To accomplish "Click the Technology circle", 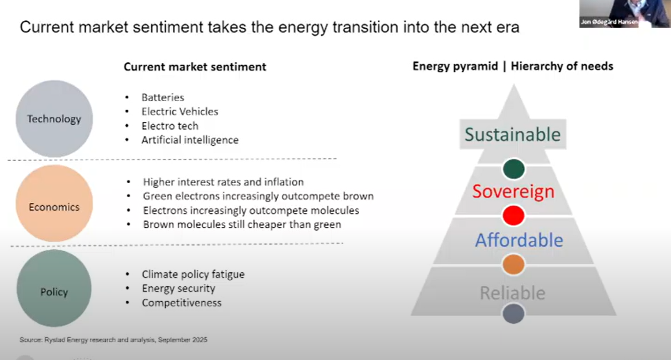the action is [54, 118].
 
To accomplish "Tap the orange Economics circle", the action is [54, 203].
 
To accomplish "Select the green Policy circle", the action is [54, 288].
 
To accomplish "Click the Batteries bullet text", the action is [163, 97].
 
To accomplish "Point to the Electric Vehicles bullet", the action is [180, 112].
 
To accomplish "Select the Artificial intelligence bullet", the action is [190, 140].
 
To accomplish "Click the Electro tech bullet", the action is [170, 126].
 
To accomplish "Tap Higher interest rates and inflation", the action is [223, 182].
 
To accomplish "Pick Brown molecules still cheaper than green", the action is [242, 224].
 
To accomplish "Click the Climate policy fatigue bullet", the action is [193, 274].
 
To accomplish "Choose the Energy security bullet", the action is [178, 288].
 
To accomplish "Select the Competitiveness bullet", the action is [182, 303].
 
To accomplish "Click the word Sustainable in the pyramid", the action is [513, 134].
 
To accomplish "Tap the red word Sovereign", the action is [514, 191].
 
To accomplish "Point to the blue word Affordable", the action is [519, 240].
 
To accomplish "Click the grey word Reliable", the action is [513, 293].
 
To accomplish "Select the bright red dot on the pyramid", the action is [514, 215].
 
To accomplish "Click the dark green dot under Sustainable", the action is [514, 169].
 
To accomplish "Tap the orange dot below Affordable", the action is [514, 264].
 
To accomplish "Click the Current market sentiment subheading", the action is [195, 66].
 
